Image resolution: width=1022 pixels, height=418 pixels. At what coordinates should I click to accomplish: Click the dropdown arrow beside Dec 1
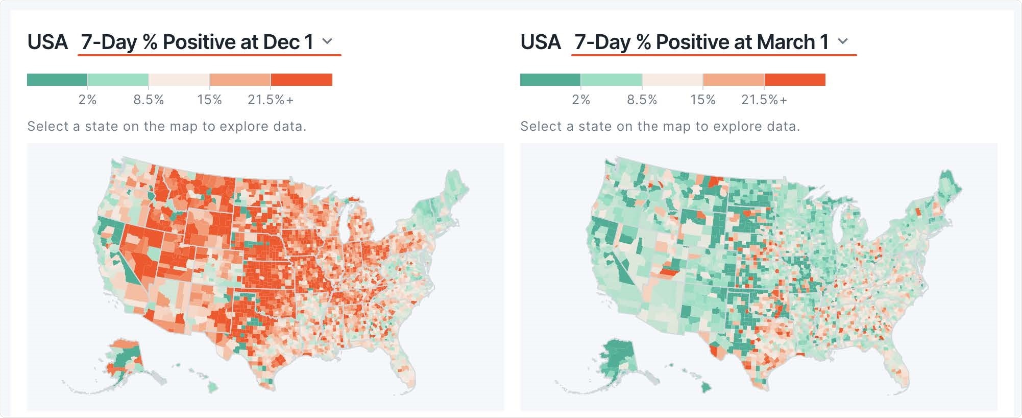click(328, 41)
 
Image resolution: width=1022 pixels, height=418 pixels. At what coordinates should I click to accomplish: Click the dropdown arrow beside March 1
click(843, 41)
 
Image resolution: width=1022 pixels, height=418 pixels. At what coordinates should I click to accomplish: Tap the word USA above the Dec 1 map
click(47, 42)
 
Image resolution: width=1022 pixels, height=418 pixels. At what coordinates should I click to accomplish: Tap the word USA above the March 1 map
click(541, 42)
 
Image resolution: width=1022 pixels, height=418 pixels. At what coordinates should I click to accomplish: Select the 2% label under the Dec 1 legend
click(87, 100)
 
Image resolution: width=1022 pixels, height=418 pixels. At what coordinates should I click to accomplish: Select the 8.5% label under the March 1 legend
click(642, 100)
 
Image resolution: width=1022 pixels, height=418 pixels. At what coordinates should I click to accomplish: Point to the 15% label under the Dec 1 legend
click(209, 100)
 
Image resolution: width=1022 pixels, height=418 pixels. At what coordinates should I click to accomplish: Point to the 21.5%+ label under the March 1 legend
click(764, 100)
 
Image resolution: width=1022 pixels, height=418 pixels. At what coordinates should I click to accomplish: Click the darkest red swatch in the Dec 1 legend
click(301, 80)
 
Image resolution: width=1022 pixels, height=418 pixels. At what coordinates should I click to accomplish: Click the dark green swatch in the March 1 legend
click(550, 80)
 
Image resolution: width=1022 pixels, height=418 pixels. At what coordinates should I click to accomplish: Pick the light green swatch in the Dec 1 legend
click(117, 80)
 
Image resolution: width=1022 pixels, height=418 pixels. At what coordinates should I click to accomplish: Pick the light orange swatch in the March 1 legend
click(733, 80)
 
